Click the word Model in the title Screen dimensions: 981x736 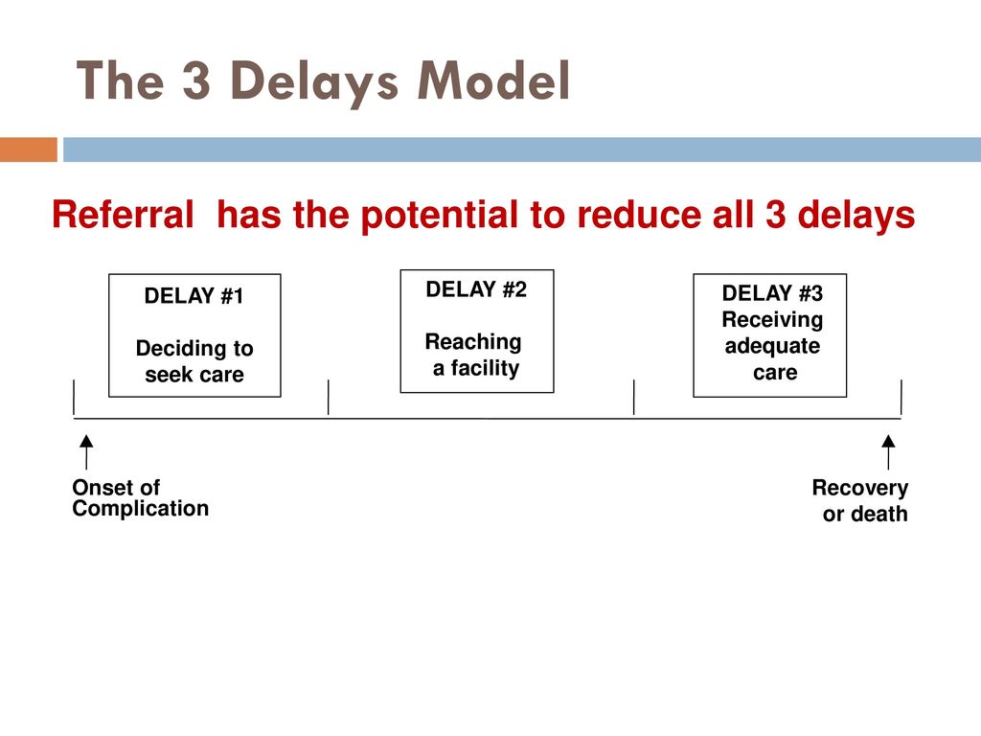(x=493, y=80)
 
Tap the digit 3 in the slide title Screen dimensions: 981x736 (x=196, y=80)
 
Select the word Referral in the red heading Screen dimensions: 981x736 (x=124, y=214)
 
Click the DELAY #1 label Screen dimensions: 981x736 (x=194, y=295)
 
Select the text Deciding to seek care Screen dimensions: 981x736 (x=194, y=361)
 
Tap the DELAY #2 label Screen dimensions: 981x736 (x=476, y=289)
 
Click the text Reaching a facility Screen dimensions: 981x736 (x=473, y=355)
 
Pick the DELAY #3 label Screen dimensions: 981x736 (x=772, y=293)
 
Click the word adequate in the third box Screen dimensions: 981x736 (x=772, y=346)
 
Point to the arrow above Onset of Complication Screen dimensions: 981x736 (x=86, y=452)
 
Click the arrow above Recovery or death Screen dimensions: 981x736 (x=888, y=452)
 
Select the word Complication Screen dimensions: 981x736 (x=140, y=508)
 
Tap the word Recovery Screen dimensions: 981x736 (x=860, y=488)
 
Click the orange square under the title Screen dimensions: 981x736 (x=29, y=149)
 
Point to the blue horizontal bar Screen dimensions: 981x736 (x=522, y=149)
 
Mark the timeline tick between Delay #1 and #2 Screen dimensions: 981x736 (x=329, y=397)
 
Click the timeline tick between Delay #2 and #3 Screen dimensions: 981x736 (x=634, y=397)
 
